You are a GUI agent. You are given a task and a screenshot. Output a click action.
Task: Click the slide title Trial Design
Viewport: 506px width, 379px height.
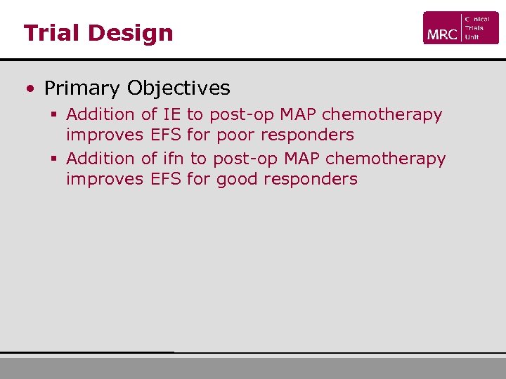[98, 33]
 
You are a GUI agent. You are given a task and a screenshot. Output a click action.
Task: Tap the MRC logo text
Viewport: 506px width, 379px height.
[441, 33]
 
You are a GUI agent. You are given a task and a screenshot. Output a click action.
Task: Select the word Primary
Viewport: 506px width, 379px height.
[82, 88]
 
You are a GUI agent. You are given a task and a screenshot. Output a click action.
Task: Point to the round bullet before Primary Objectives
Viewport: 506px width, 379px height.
[30, 89]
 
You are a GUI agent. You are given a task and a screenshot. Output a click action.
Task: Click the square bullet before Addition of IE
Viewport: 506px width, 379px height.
[53, 114]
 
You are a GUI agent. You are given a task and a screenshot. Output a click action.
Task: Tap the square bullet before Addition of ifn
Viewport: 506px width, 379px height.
[53, 159]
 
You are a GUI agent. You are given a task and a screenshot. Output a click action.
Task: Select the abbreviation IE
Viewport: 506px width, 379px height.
[171, 114]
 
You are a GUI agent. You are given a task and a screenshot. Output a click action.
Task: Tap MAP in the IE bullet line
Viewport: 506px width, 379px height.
[298, 114]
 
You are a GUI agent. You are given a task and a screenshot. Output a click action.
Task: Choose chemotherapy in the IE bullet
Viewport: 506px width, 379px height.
[382, 114]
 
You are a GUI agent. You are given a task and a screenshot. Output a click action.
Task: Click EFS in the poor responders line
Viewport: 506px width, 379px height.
[166, 134]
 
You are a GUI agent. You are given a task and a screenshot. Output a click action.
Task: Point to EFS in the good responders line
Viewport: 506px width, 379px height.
[166, 179]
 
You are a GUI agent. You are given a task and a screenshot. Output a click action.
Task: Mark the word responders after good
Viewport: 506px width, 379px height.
[311, 179]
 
